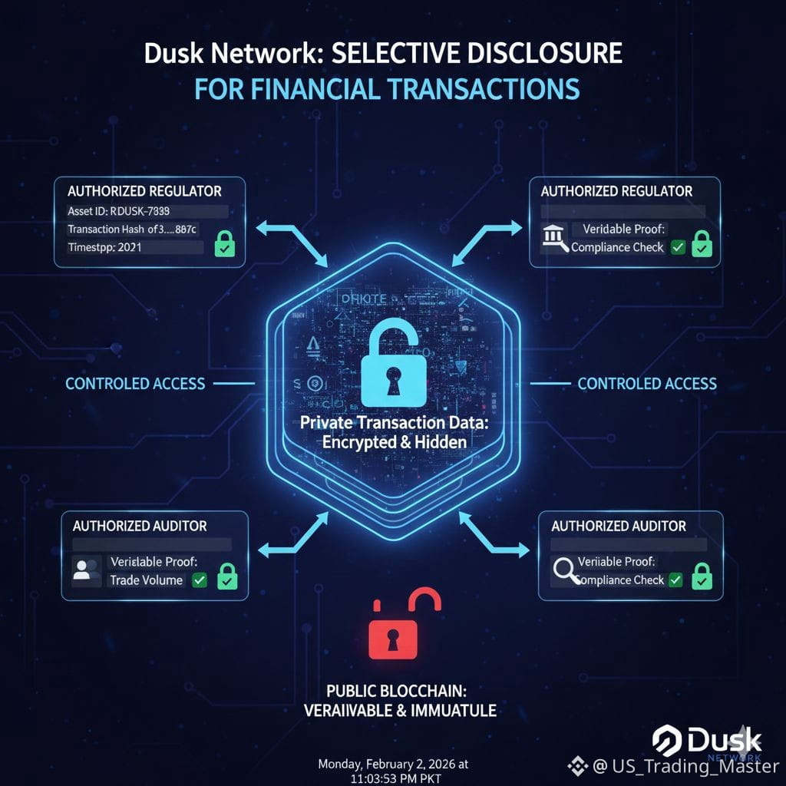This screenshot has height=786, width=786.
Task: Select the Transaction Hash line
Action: tap(132, 229)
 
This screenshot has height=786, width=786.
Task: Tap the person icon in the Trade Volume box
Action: tap(87, 570)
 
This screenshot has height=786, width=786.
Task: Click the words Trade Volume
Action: tap(146, 580)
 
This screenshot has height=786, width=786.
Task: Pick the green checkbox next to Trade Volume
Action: tap(200, 580)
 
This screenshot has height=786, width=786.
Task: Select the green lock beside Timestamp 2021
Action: tap(224, 246)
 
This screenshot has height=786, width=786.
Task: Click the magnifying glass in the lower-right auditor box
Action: tap(566, 571)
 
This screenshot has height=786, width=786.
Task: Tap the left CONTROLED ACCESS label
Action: tap(135, 383)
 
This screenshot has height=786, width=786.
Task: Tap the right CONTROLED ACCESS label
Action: tap(646, 383)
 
